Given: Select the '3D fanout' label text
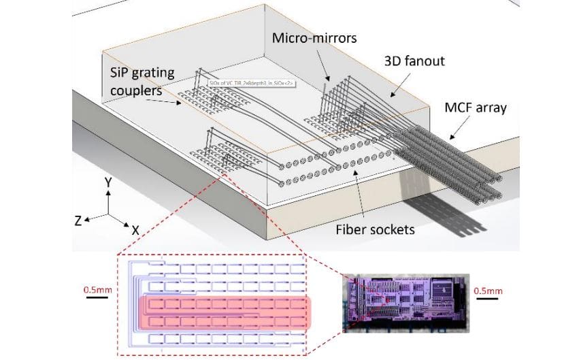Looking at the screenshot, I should coord(415,61).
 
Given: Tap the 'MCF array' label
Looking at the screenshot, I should coord(476,108).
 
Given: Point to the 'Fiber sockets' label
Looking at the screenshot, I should coord(375,229).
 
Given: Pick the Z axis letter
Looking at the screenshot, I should coord(80,220).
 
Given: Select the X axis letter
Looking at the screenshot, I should coord(135,231).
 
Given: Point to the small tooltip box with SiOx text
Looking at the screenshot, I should coord(235,84).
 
